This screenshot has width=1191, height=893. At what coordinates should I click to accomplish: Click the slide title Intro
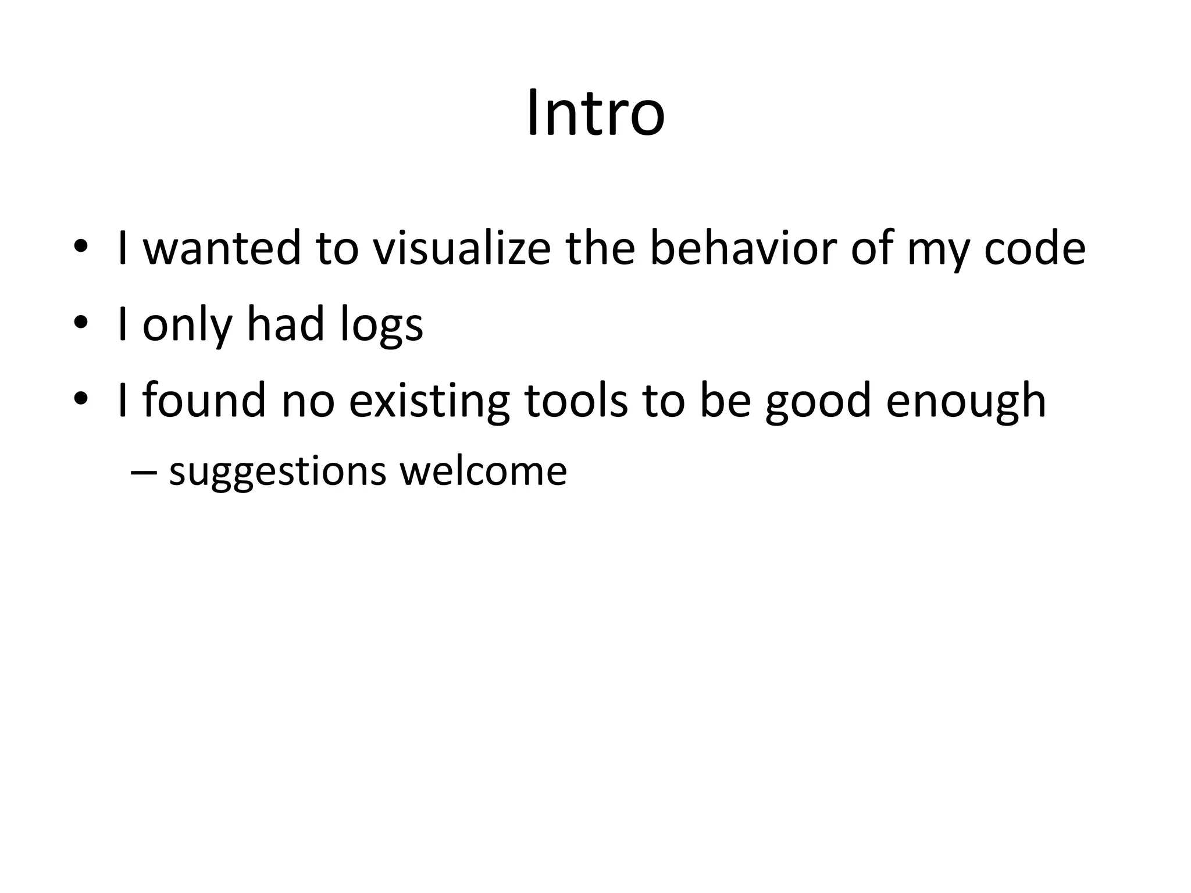click(595, 113)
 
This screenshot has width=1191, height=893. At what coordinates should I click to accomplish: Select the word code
click(1035, 248)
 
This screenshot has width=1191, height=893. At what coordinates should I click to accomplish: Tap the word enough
click(966, 401)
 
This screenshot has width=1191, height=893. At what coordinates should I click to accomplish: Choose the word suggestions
click(277, 471)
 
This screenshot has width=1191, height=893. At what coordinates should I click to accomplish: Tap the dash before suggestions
click(144, 472)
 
